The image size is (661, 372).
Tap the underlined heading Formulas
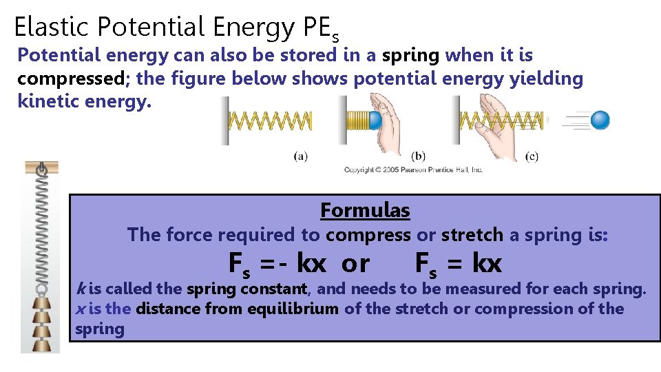[365, 210]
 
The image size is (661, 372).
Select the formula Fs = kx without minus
[459, 263]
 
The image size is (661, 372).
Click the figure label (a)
[300, 156]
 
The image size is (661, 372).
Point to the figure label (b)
[418, 156]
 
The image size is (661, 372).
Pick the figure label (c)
[531, 156]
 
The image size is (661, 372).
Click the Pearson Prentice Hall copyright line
[413, 169]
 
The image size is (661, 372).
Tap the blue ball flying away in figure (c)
[600, 121]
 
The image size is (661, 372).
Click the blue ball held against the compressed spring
[374, 121]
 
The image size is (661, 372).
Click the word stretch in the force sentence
[472, 235]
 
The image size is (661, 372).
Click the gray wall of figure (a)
[224, 121]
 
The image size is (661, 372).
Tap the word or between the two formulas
[355, 263]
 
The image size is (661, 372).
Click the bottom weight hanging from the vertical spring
[42, 342]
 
